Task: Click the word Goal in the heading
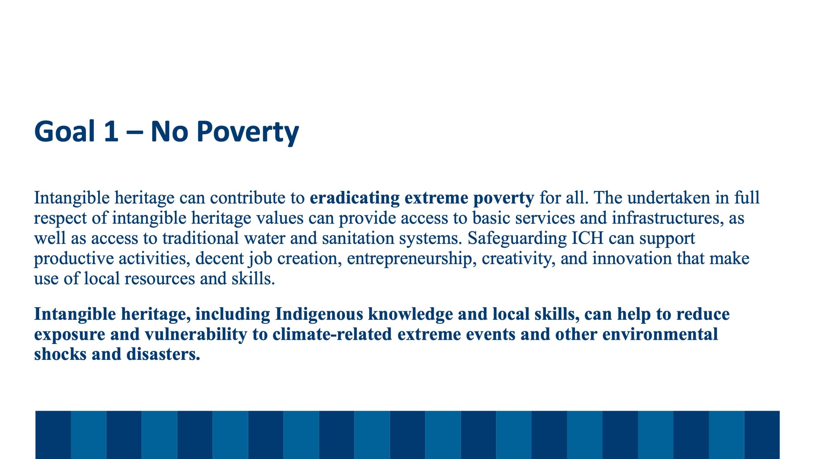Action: [x=65, y=131]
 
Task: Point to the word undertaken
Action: [x=669, y=198]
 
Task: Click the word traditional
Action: [x=201, y=238]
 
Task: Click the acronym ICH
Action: [x=588, y=238]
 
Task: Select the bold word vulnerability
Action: [x=196, y=335]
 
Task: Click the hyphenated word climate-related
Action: [x=332, y=334]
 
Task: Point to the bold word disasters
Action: [x=163, y=354]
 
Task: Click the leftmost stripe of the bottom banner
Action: [x=53, y=435]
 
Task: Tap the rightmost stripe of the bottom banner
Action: [x=762, y=435]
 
